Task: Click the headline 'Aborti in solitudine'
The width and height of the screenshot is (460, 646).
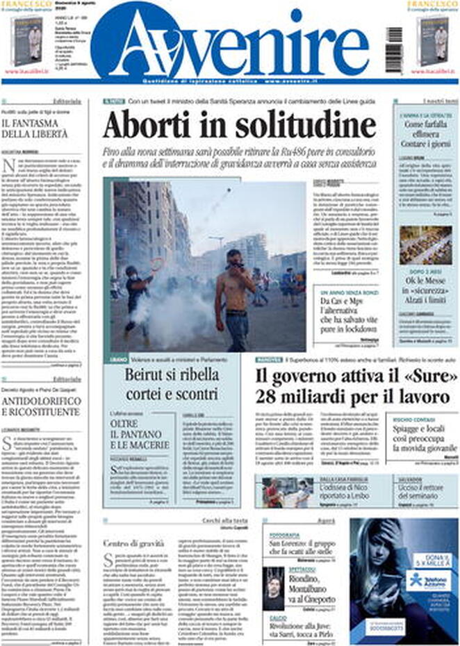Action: click(x=240, y=126)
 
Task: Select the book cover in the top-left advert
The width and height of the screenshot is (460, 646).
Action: click(x=26, y=42)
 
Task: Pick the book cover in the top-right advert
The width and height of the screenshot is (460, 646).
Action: click(x=432, y=42)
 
